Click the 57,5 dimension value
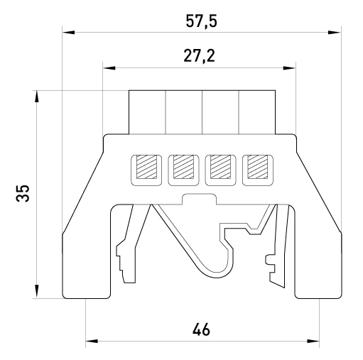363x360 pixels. pyautogui.click(x=201, y=21)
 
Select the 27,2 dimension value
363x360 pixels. pyautogui.click(x=200, y=56)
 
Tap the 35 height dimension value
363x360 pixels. pyautogui.click(x=23, y=193)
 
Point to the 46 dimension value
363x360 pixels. pyautogui.click(x=201, y=329)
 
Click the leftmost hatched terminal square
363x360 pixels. pyautogui.click(x=146, y=167)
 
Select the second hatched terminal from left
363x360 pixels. pyautogui.click(x=183, y=167)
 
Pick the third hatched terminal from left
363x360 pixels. pyautogui.click(x=220, y=167)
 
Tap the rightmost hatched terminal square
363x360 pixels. pyautogui.click(x=258, y=167)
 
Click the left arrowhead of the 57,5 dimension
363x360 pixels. pyautogui.click(x=69, y=33)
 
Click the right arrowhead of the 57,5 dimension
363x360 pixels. pyautogui.click(x=335, y=33)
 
